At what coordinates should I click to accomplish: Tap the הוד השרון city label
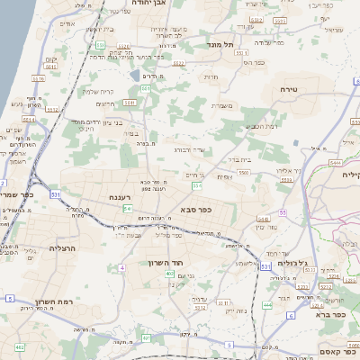tap(166, 263)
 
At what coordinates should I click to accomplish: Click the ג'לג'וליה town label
tap(293, 263)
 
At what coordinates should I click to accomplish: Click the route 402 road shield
tap(20, 346)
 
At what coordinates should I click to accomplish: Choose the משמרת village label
tap(222, 106)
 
